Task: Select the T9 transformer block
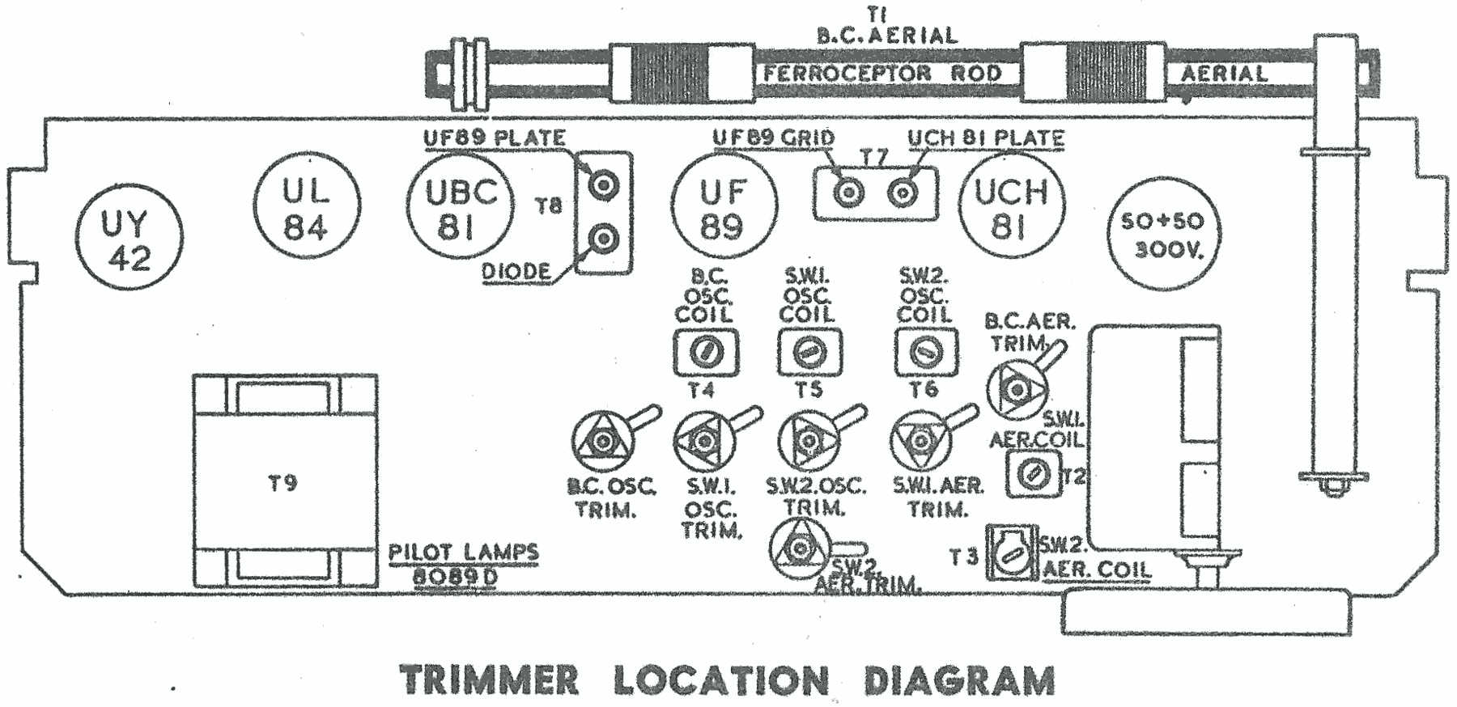(284, 482)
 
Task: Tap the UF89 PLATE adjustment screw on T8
(603, 186)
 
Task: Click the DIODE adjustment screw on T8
(603, 239)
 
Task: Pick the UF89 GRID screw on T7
(848, 193)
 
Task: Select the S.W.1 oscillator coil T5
(809, 352)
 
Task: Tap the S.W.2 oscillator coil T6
(925, 352)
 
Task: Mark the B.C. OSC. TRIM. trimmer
(601, 441)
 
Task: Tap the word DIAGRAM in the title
(959, 679)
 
